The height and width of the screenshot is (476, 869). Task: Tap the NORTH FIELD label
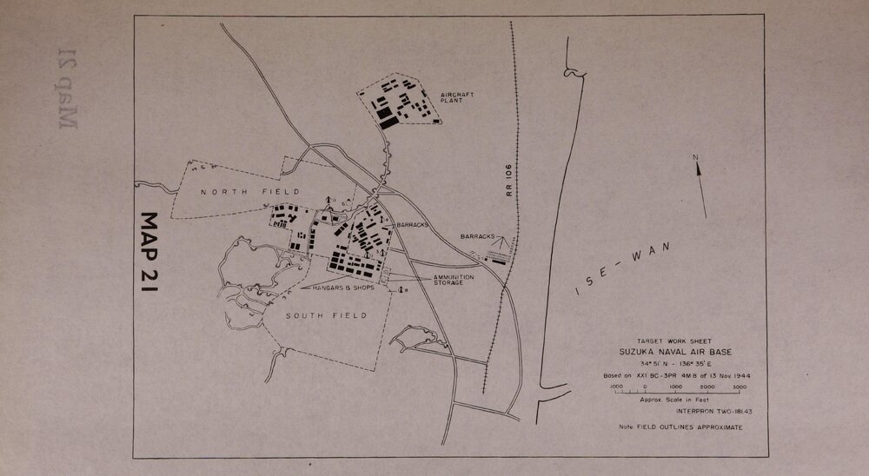(x=249, y=191)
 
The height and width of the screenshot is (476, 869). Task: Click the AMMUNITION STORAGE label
(x=454, y=280)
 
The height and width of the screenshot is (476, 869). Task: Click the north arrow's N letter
(x=695, y=157)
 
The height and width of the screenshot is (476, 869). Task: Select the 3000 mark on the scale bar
(x=740, y=387)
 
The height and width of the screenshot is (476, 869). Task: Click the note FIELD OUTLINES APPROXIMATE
(x=680, y=427)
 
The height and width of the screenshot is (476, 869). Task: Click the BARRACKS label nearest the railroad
(x=479, y=236)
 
